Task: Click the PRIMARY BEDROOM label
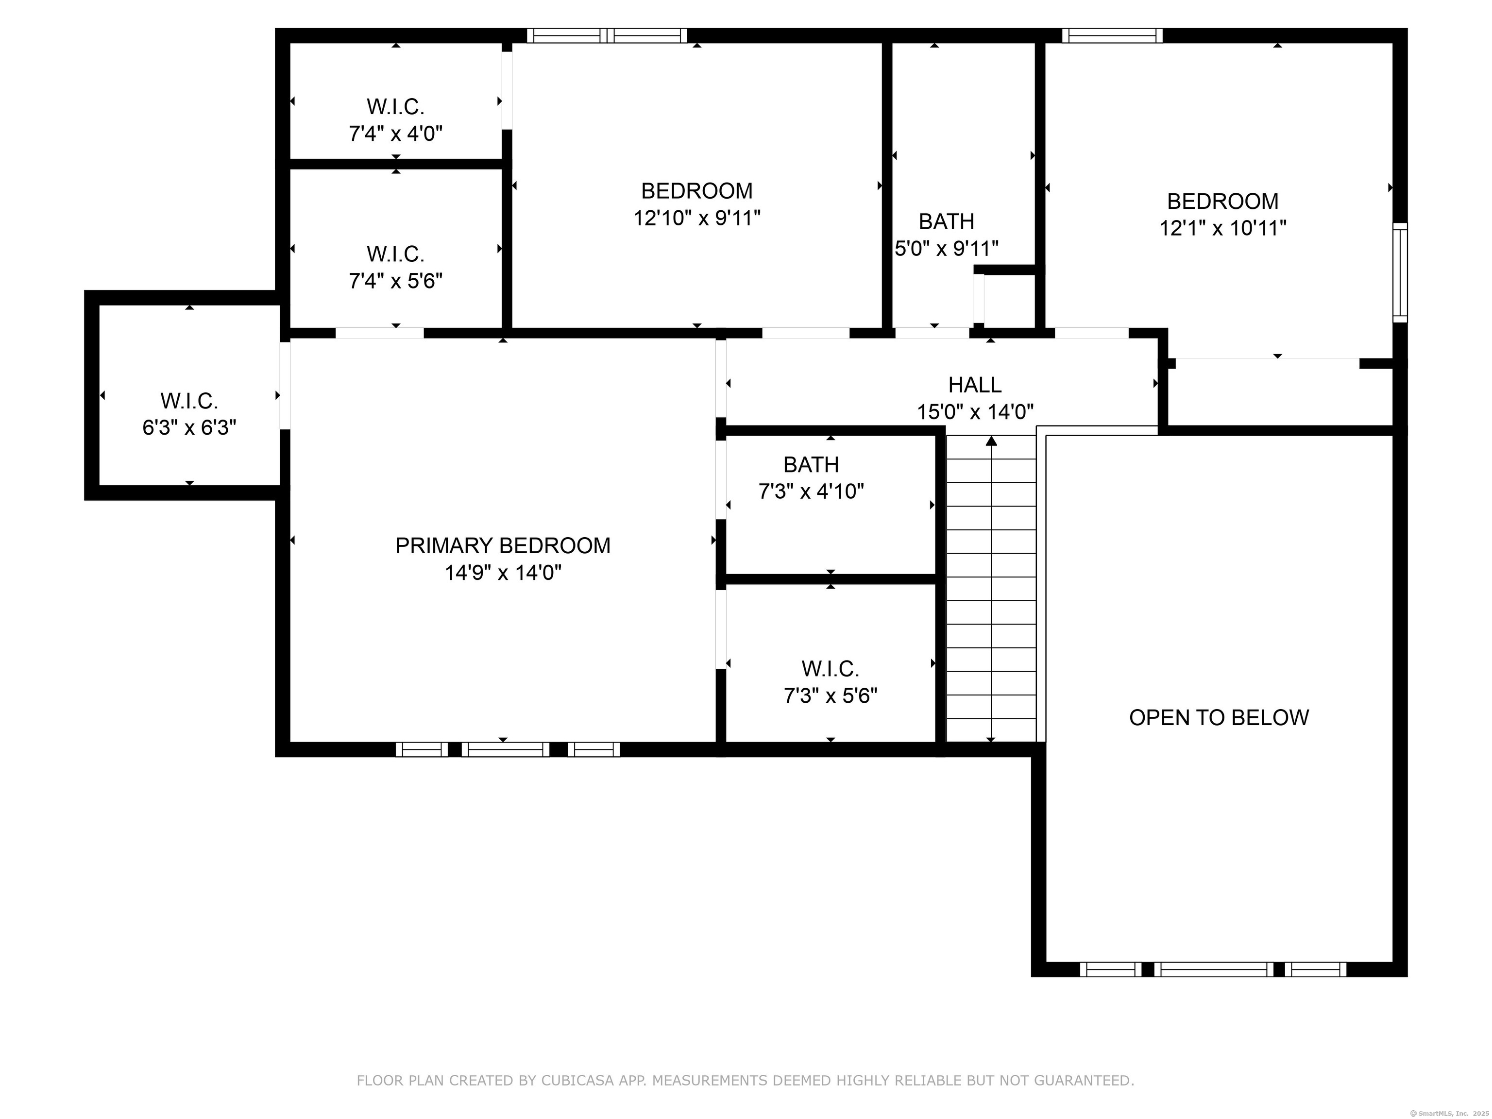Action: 503,546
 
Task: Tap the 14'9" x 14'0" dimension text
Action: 503,573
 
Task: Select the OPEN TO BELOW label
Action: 1219,718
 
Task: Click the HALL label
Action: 975,385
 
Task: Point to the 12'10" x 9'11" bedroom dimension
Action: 697,219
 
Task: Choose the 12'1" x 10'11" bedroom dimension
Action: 1222,228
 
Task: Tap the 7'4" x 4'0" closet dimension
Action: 395,134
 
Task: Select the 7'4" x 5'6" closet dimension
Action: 395,281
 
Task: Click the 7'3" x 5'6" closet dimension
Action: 831,695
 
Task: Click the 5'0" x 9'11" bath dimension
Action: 946,249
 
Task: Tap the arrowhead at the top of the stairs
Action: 991,441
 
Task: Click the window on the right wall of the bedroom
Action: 1400,272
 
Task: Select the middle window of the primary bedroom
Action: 505,749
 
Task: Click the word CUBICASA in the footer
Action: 577,1081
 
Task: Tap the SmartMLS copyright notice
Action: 1450,1113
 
